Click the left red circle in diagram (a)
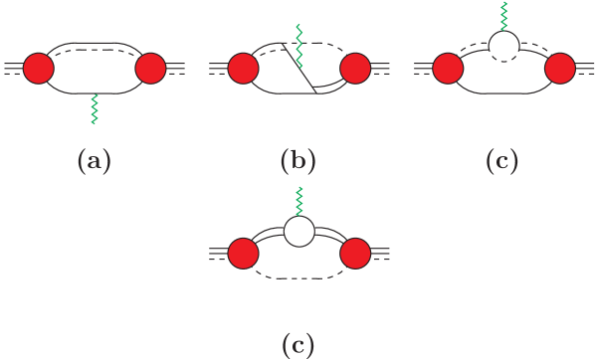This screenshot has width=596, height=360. pos(36,69)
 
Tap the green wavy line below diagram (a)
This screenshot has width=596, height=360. pos(94,108)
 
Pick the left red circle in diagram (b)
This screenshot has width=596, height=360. pos(243,70)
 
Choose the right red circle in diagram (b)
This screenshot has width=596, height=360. pos(355,70)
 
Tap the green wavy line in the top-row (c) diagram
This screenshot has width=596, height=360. pos(504,16)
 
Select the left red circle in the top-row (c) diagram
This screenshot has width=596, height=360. pos(448,70)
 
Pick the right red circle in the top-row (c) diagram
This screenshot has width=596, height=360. pos(561,70)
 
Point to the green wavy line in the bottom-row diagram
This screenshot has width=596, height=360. pos(299,201)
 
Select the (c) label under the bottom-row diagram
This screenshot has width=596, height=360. pos(298,345)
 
